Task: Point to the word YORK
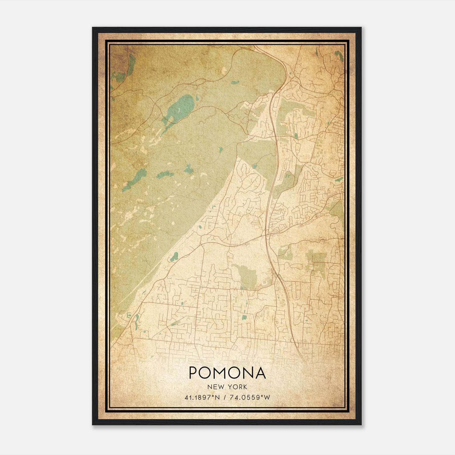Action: click(238, 387)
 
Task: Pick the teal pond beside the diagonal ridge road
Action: click(174, 257)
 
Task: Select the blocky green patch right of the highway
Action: click(317, 262)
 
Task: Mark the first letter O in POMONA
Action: click(206, 373)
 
